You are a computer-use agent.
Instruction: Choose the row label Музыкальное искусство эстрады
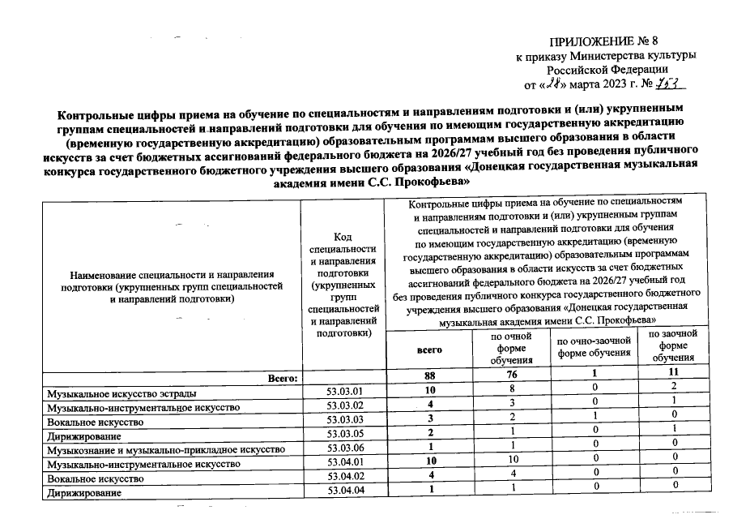tap(122, 393)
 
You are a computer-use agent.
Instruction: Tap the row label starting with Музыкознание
tap(165, 448)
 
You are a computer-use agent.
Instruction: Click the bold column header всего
tap(430, 350)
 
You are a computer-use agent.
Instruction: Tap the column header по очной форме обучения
tap(511, 347)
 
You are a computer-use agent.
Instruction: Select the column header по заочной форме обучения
tap(672, 345)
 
